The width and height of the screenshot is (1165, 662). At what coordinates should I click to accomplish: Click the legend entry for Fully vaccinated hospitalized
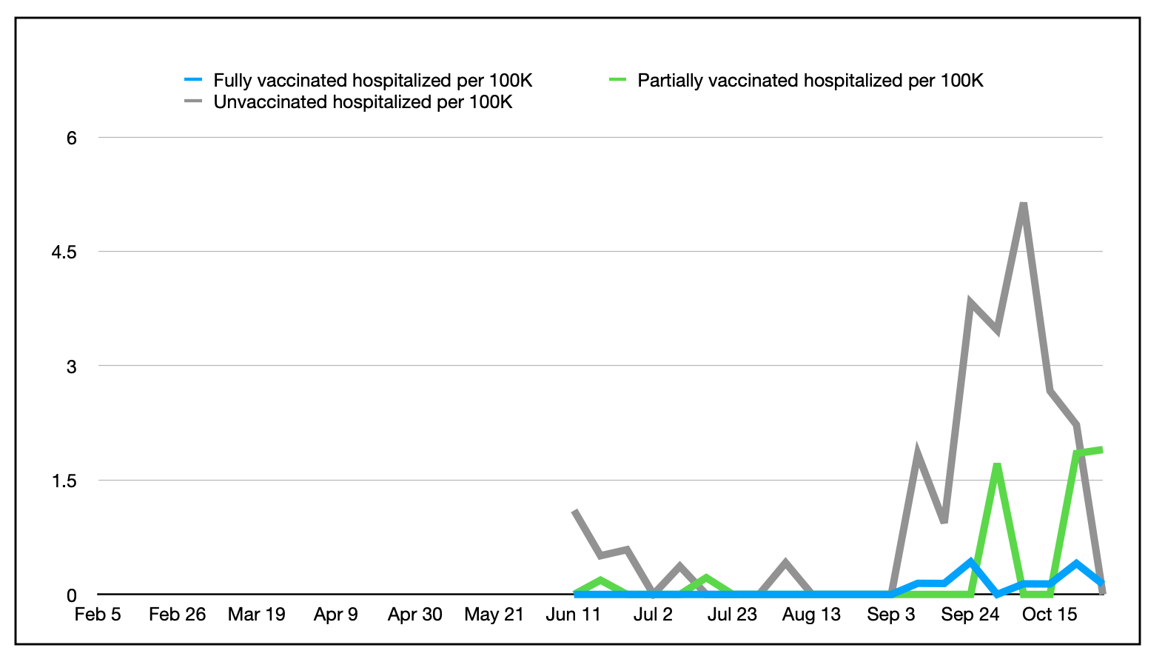pos(372,80)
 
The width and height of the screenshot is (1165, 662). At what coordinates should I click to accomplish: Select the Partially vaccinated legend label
pos(810,80)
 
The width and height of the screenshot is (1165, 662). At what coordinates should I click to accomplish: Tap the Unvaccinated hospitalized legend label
pos(363,101)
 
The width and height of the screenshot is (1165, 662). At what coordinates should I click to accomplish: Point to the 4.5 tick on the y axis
pos(64,252)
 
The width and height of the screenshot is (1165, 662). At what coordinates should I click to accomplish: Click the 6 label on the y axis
pos(72,138)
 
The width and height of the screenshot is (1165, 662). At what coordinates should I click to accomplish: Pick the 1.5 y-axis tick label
pos(64,481)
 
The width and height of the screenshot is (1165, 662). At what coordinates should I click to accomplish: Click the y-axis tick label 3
pos(72,367)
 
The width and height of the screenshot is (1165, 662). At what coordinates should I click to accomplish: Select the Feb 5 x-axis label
pos(98,615)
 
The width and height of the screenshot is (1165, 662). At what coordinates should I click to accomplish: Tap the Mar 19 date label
pos(256,615)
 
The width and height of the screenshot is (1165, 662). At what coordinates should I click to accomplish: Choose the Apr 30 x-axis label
pos(414,615)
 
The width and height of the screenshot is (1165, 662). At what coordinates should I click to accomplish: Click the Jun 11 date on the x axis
pos(573,615)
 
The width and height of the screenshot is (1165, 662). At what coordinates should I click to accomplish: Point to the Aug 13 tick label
pos(811,615)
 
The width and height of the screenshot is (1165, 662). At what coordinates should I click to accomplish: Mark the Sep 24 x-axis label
pos(970,615)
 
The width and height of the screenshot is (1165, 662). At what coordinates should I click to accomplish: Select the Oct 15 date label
pos(1049,615)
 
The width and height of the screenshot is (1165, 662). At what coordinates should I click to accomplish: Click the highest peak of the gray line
pos(1023,204)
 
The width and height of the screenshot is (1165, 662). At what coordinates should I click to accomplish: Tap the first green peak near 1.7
pos(997,465)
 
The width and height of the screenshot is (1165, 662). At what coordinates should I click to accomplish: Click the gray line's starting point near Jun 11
pos(575,511)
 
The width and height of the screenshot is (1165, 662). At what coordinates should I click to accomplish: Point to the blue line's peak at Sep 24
pos(970,561)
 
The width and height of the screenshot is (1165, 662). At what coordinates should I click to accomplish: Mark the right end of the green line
pos(1102,449)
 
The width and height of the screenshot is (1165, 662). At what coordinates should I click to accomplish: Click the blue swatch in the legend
pos(193,80)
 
